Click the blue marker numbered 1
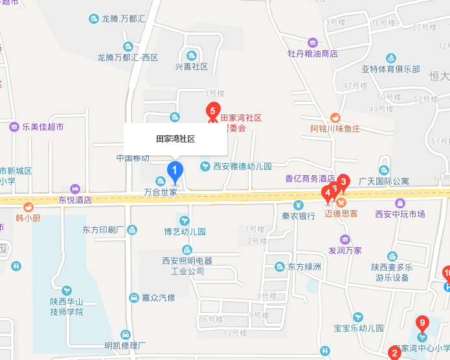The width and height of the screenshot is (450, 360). pyautogui.click(x=174, y=172)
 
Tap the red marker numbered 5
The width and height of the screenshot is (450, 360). pyautogui.click(x=212, y=111)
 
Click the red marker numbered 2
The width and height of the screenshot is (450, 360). pyautogui.click(x=394, y=354)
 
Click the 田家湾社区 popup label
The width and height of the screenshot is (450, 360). pyautogui.click(x=175, y=139)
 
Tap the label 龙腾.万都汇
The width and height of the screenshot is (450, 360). pyautogui.click(x=123, y=19)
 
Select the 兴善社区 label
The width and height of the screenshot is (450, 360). pyautogui.click(x=192, y=67)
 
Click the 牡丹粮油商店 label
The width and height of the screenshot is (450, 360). pyautogui.click(x=313, y=54)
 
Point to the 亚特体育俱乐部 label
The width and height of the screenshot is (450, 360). pyautogui.click(x=390, y=69)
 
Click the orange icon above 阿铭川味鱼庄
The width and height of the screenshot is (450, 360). pyautogui.click(x=335, y=117)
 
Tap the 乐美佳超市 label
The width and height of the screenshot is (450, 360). pyautogui.click(x=43, y=127)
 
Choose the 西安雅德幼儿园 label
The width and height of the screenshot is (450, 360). pyautogui.click(x=243, y=166)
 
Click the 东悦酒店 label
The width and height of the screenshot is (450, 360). pyautogui.click(x=75, y=199)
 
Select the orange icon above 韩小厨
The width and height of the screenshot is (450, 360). pyautogui.click(x=28, y=207)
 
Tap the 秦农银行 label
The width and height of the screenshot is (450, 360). pyautogui.click(x=298, y=216)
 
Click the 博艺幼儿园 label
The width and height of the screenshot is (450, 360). pyautogui.click(x=185, y=231)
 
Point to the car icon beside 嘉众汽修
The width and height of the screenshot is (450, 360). pyautogui.click(x=133, y=298)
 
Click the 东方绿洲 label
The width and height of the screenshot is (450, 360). pyautogui.click(x=304, y=266)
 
